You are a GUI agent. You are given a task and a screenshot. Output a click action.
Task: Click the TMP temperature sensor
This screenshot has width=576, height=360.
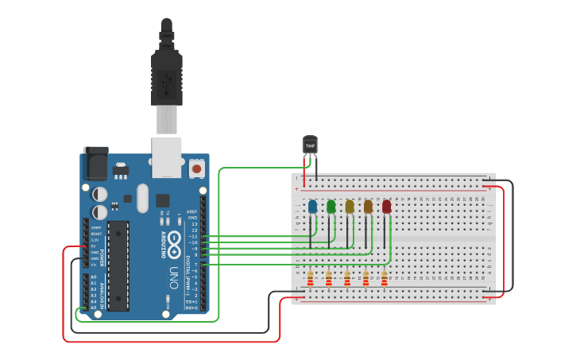pyautogui.click(x=310, y=145)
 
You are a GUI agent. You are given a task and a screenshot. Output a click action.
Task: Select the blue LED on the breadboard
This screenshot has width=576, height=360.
pyautogui.click(x=312, y=207)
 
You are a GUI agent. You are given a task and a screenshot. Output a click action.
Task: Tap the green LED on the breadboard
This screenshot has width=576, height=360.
pyautogui.click(x=331, y=207)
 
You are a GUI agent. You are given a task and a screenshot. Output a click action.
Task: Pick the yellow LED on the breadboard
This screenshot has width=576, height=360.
pyautogui.click(x=350, y=207)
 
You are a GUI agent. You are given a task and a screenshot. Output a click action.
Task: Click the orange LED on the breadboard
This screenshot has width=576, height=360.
pyautogui.click(x=368, y=207)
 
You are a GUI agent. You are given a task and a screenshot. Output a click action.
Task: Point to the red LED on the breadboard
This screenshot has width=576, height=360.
pyautogui.click(x=386, y=207)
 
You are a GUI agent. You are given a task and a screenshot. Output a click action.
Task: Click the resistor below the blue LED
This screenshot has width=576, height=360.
pyautogui.click(x=310, y=278)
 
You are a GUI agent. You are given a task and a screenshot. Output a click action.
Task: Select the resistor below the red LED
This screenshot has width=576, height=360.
pyautogui.click(x=384, y=278)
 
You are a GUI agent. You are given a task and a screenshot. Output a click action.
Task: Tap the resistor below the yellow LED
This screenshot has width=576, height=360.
pyautogui.click(x=347, y=278)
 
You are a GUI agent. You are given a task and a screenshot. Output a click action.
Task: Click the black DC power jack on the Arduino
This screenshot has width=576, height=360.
pyautogui.click(x=96, y=165)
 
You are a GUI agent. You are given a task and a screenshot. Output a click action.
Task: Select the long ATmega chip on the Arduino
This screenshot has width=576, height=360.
pyautogui.click(x=118, y=265)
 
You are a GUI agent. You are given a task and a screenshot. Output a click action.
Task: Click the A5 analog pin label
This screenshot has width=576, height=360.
pyautogui.click(x=94, y=308)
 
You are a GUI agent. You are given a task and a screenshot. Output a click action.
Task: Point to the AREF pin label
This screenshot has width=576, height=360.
pyautogui.click(x=191, y=212)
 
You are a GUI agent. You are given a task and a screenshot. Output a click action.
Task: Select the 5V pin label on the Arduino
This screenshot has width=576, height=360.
pyautogui.click(x=94, y=246)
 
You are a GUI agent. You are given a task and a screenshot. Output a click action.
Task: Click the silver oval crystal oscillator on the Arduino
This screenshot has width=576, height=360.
pyautogui.click(x=142, y=199)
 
